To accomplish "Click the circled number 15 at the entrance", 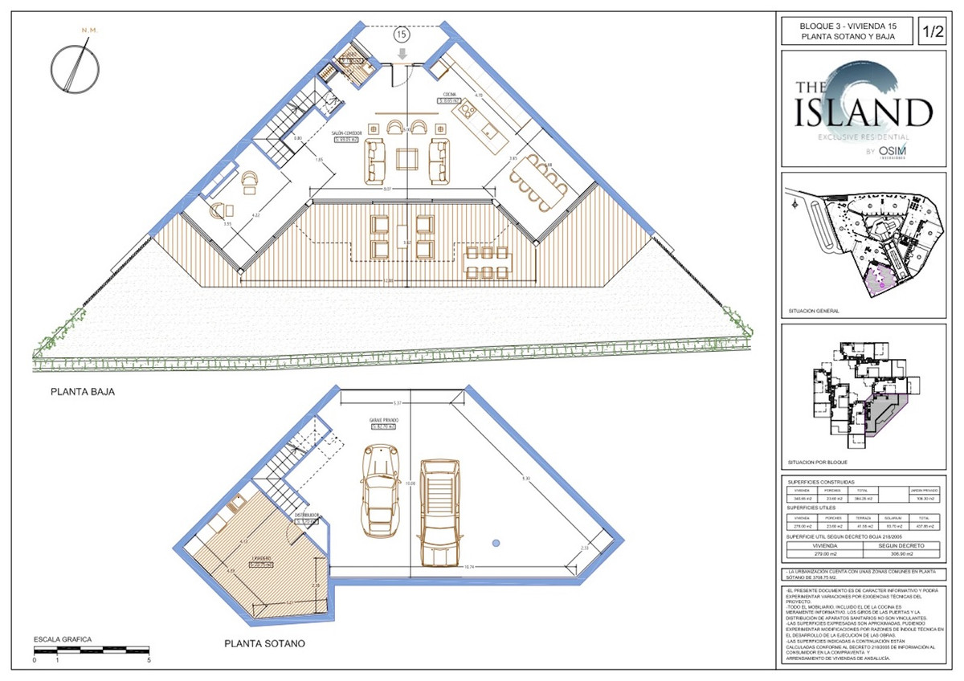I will tap(400, 35).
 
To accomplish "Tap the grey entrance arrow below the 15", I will tap(402, 53).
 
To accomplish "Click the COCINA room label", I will tap(447, 95).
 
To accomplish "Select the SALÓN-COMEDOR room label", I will tap(349, 133).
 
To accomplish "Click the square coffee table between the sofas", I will tap(406, 159).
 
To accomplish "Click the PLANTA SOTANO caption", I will tap(264, 643).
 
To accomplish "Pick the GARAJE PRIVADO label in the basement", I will tap(384, 421).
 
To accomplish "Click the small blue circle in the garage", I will tap(496, 544).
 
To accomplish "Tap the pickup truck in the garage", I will tap(438, 512).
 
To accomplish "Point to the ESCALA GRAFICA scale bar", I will tap(92, 650).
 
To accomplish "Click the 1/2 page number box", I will tap(932, 33).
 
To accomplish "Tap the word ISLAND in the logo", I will tap(864, 113).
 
